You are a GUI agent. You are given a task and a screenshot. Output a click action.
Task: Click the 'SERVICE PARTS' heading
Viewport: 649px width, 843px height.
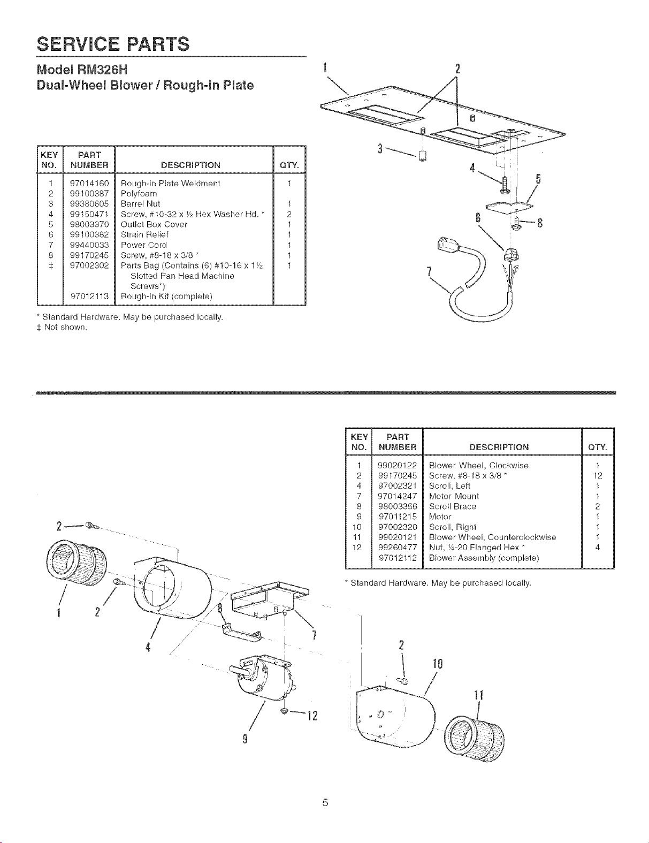113,44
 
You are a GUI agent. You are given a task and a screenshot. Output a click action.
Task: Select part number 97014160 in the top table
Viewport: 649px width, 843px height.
89,183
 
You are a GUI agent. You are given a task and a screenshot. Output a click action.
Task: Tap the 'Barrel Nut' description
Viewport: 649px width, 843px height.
140,204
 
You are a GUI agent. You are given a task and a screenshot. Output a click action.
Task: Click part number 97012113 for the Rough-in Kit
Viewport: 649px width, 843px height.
89,297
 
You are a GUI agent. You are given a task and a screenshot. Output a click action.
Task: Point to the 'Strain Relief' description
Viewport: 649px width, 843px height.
144,234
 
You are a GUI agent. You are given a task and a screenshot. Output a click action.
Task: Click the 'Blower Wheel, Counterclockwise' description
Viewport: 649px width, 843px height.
492,537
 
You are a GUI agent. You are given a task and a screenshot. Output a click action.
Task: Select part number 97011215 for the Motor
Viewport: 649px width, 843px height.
398,517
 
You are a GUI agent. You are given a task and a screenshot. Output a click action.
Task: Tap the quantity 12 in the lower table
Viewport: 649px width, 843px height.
598,476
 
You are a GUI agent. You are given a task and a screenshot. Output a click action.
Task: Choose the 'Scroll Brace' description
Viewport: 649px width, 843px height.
453,506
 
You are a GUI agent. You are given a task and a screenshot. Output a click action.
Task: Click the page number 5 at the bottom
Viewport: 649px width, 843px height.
325,802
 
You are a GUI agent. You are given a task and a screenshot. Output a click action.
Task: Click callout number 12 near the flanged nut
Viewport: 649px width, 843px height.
312,716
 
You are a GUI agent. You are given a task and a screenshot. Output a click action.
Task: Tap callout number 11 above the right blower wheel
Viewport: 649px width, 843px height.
478,695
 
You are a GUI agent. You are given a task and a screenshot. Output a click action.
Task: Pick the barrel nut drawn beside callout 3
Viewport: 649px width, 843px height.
423,155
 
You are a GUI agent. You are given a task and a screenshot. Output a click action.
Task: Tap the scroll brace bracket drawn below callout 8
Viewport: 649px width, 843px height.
242,634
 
